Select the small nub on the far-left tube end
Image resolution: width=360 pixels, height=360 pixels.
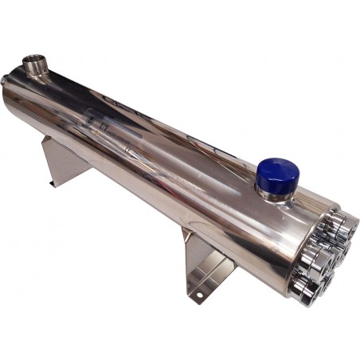click(x=6, y=79)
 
